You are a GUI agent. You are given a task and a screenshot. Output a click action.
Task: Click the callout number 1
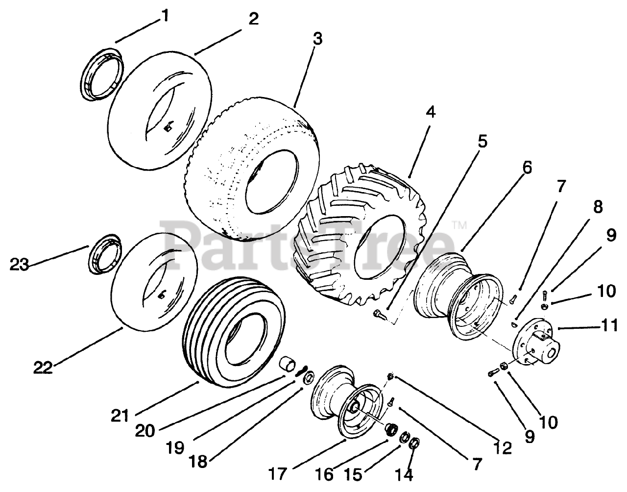tap(165, 16)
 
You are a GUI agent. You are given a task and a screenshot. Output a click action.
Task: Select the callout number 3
tap(317, 39)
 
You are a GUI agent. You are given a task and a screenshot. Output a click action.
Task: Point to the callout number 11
tap(609, 325)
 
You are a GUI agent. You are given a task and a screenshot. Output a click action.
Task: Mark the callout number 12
tap(503, 447)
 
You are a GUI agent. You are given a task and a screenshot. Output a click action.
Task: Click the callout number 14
tap(406, 474)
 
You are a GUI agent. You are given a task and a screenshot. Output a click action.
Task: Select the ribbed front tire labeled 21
tap(233, 333)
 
